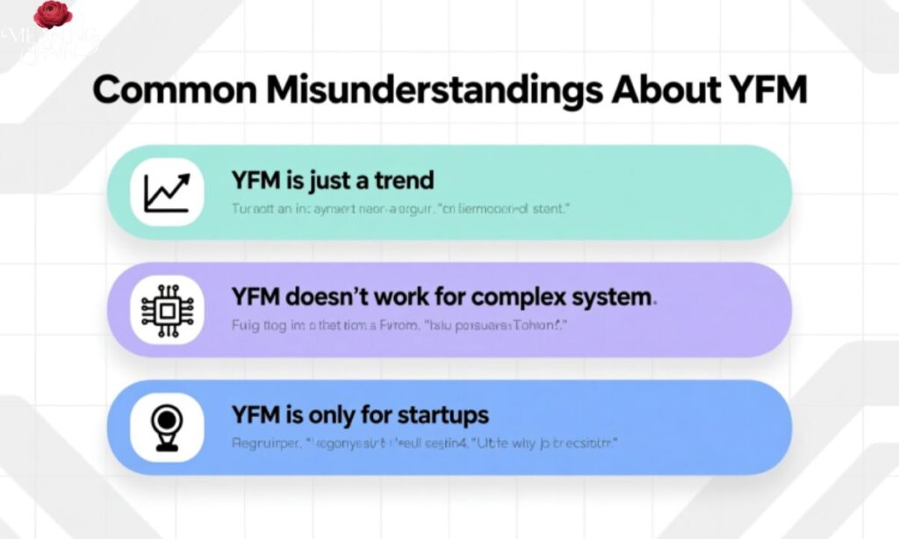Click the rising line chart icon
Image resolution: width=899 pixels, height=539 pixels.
click(x=167, y=191)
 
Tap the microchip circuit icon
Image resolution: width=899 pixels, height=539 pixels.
click(x=167, y=310)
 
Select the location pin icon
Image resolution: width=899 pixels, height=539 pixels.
click(x=167, y=428)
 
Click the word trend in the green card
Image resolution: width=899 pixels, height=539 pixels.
click(x=401, y=181)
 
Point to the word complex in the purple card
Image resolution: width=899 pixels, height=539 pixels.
click(x=510, y=298)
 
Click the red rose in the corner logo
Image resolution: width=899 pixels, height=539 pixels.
click(x=53, y=15)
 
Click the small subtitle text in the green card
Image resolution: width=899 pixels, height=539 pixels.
click(x=401, y=210)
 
